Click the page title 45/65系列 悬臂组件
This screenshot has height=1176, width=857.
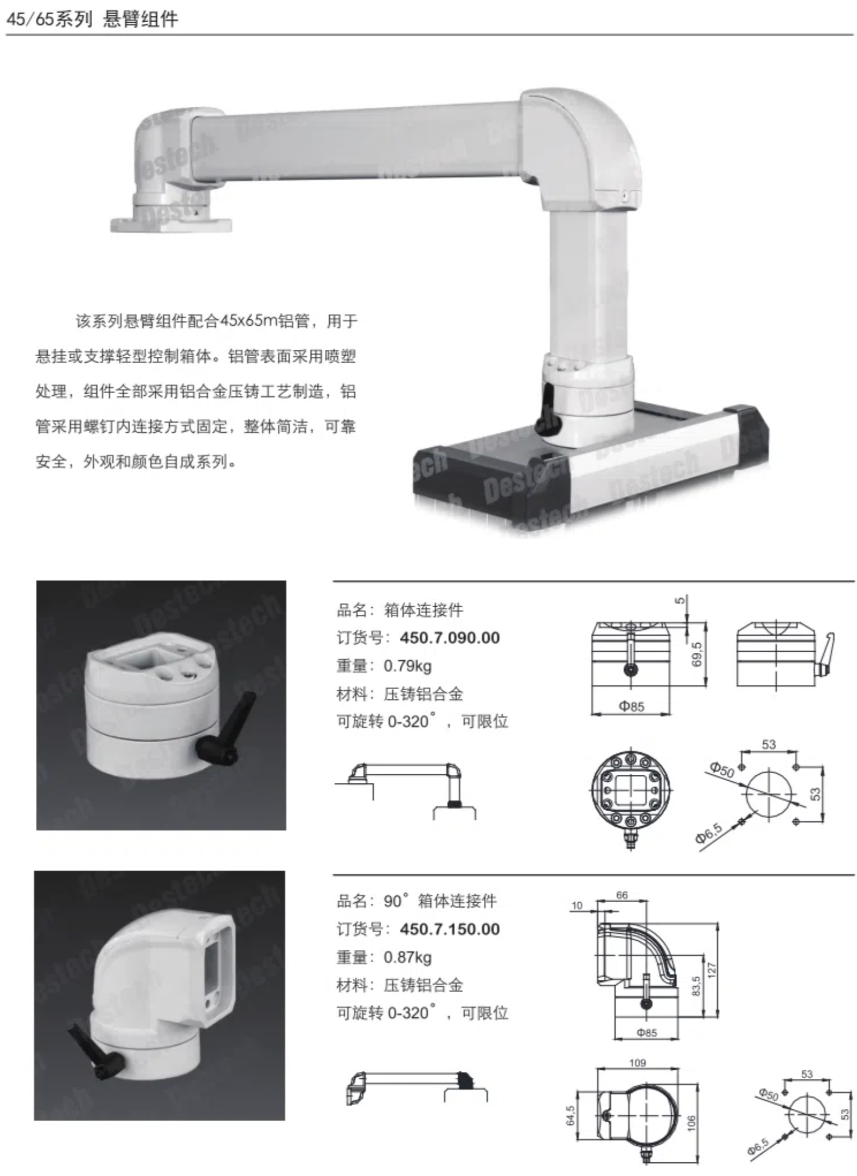pos(92,19)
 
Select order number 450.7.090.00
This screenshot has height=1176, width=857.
pos(450,638)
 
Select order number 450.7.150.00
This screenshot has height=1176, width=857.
pos(450,929)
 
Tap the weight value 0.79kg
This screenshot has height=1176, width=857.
pos(407,666)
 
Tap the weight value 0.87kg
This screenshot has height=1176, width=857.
pos(407,957)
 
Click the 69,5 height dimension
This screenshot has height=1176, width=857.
pos(697,654)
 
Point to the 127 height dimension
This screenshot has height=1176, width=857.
pos(712,969)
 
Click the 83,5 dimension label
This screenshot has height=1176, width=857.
pos(696,986)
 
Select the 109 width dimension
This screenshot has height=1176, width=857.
pos(637,1063)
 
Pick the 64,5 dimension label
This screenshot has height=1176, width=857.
pos(571,1115)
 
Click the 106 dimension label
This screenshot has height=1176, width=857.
pos(691,1122)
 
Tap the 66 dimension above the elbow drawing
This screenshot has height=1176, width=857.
pos(622,895)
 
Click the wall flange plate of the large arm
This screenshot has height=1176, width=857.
pos(171,224)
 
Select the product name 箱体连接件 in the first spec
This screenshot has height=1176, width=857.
pos(424,610)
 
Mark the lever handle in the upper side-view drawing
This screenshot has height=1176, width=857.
pos(825,656)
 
